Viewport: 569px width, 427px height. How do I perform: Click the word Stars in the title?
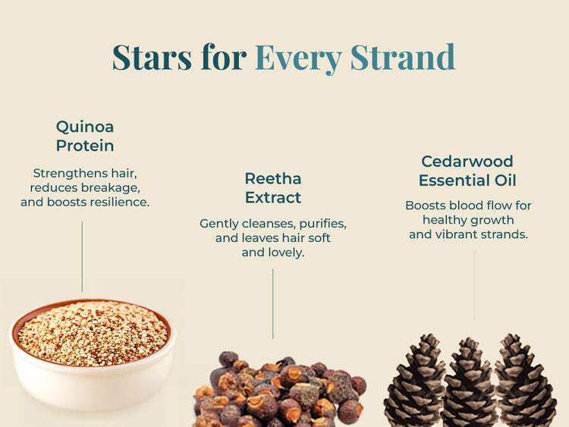[x=152, y=57]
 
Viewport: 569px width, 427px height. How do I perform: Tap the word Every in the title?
[x=298, y=58]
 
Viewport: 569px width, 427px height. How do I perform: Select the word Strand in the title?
[x=403, y=57]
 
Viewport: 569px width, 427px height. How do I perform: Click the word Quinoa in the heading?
[x=85, y=127]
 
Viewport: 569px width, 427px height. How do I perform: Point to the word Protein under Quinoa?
[x=85, y=146]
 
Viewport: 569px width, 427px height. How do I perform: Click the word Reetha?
[x=273, y=178]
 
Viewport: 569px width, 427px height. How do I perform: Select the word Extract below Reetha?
[x=273, y=198]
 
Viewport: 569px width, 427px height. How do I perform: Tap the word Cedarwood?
[x=467, y=162]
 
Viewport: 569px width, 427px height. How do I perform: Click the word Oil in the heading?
[x=505, y=181]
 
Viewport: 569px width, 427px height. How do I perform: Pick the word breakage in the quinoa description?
[x=110, y=188]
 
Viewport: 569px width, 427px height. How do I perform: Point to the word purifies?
[x=322, y=224]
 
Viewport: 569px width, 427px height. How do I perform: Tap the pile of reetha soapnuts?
[x=279, y=390]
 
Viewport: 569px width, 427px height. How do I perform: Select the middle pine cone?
[x=469, y=383]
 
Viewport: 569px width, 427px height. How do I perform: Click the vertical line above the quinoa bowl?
[x=82, y=256]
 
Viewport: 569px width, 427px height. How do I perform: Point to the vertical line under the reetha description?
[x=273, y=304]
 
